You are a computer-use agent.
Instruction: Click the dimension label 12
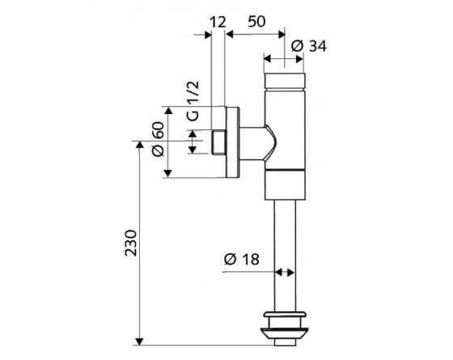pos(218,23)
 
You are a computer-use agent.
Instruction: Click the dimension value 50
pos(256,21)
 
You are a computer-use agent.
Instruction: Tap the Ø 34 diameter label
pos(309,46)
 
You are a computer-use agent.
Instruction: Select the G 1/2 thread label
pos(193,100)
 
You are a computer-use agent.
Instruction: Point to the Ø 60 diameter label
pos(159,139)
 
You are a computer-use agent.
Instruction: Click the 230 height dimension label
pos(130,243)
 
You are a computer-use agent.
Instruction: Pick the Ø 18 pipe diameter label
pos(242,259)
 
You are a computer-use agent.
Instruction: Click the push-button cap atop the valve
pos(285,81)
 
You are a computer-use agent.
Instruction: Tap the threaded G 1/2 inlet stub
pos(218,142)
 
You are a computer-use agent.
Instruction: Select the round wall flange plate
pos(233,142)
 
